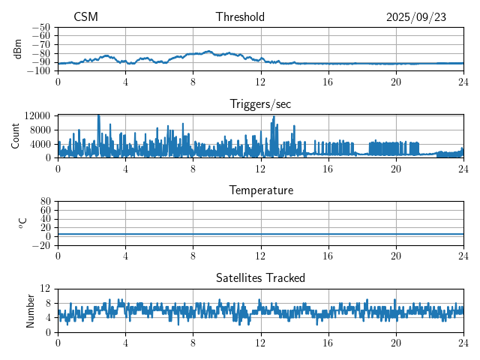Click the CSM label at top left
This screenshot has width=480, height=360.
85,17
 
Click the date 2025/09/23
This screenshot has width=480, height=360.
416,17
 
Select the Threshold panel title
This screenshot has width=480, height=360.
240,17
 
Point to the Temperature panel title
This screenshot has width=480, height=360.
260,190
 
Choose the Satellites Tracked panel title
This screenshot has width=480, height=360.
260,277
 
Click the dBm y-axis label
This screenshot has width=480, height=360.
18,49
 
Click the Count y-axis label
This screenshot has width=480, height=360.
15,136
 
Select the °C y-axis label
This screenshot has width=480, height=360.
22,223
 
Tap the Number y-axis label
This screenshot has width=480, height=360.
30,310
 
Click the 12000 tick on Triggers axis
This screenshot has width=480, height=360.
37,115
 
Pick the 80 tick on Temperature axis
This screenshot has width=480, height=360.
45,202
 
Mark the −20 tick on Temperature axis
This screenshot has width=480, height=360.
41,245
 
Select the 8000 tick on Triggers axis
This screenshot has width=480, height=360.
40,129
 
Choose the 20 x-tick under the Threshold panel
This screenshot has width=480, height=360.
396,82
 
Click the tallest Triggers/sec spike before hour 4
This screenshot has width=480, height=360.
99,116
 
